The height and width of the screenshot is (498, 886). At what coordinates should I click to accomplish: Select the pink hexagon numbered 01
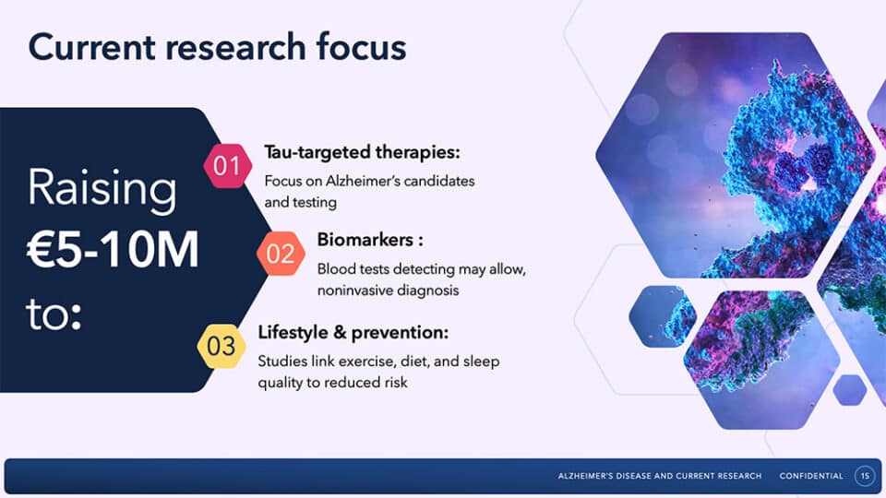click(x=228, y=166)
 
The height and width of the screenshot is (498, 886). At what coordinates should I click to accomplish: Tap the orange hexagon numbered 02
click(x=281, y=254)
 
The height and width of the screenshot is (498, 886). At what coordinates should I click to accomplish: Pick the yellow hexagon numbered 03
click(x=221, y=346)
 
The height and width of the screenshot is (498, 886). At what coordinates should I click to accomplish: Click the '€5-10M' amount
click(x=113, y=249)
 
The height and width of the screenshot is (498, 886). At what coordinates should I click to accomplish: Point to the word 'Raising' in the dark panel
click(x=102, y=187)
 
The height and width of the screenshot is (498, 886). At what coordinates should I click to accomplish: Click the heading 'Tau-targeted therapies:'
click(x=362, y=152)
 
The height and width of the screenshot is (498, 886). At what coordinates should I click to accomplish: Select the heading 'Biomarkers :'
click(x=370, y=240)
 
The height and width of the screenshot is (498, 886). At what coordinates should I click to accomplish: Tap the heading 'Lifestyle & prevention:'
click(x=353, y=332)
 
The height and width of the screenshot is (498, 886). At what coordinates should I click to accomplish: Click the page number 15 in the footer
click(x=865, y=476)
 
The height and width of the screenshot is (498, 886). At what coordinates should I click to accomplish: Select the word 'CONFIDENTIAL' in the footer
click(x=811, y=476)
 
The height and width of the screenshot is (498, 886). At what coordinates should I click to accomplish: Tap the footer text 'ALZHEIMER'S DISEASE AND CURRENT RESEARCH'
click(x=659, y=476)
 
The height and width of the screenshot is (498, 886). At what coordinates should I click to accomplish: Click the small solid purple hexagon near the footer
click(x=850, y=389)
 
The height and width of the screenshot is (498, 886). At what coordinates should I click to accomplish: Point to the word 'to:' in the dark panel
click(x=54, y=314)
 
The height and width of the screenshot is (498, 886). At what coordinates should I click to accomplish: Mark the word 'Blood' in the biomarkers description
click(x=333, y=269)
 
